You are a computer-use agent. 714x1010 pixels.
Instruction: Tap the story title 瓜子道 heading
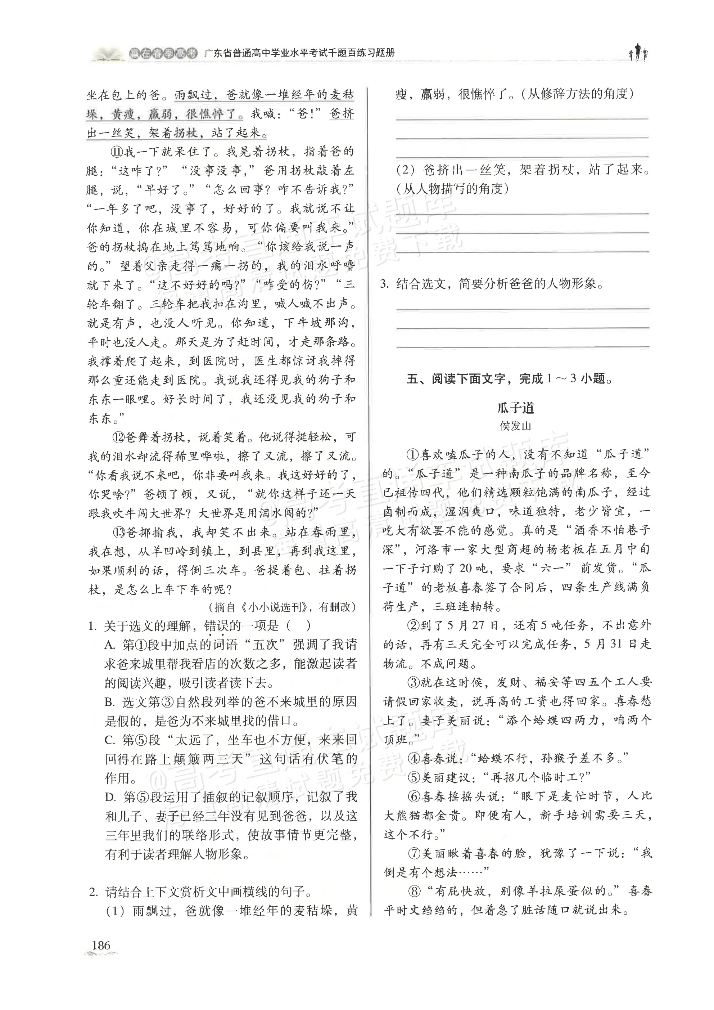point(515,408)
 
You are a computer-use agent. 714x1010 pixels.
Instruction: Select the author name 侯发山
point(515,426)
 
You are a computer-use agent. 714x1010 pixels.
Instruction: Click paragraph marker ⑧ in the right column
point(415,891)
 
